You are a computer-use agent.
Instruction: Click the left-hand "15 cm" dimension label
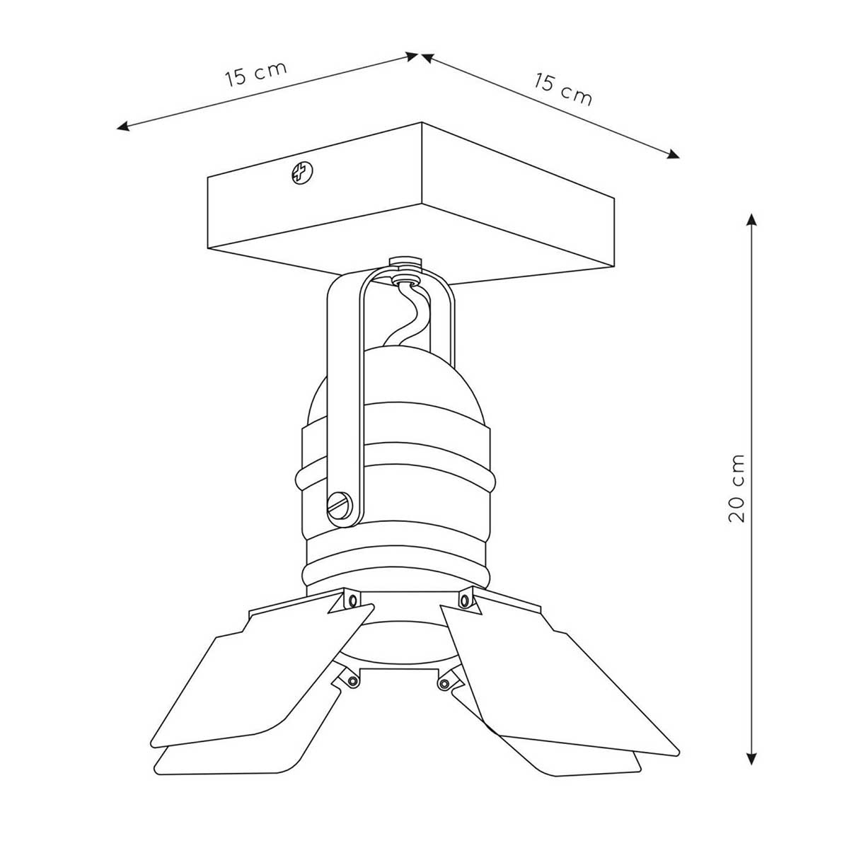click(x=256, y=74)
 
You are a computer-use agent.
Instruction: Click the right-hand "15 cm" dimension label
click(x=563, y=90)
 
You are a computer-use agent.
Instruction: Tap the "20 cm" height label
click(x=737, y=489)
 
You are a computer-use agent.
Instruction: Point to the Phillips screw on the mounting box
click(x=302, y=173)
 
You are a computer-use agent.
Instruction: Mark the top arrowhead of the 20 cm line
click(x=751, y=220)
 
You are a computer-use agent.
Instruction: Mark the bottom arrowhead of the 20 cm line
click(x=751, y=757)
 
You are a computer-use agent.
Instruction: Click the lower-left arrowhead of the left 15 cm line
click(x=123, y=127)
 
